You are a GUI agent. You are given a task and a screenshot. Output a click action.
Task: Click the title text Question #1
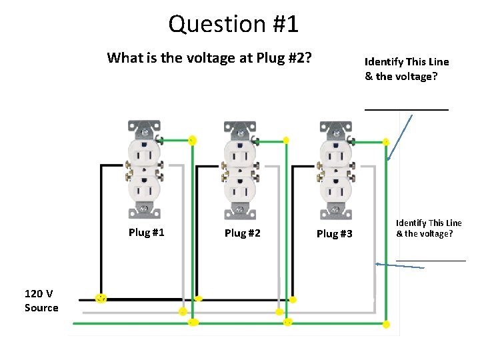(233, 24)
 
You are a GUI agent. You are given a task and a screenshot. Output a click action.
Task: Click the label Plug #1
(146, 233)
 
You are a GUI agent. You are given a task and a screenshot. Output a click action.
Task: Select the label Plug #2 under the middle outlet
(242, 233)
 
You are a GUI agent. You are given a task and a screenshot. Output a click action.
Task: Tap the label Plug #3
(334, 233)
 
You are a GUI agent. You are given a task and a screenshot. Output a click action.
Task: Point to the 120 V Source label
(41, 301)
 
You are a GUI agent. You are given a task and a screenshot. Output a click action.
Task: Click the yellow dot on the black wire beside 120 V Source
(101, 298)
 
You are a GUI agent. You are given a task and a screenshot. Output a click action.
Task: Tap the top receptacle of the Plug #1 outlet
(144, 155)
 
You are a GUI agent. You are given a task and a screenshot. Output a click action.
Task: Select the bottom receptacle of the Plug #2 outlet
(240, 191)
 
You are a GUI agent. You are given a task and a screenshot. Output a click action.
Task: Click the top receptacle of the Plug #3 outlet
(335, 155)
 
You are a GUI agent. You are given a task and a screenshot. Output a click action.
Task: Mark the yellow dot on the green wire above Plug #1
(192, 141)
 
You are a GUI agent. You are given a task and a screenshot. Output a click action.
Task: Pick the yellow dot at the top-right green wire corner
(386, 141)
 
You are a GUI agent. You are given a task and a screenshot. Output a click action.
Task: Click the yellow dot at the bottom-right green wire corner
(387, 324)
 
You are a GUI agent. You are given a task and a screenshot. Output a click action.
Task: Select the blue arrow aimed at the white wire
(400, 265)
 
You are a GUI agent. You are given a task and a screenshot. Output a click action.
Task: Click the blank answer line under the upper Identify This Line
(406, 109)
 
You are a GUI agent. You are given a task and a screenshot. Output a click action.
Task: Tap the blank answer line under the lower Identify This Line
(431, 259)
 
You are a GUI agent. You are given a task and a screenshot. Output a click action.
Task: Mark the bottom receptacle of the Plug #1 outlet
(144, 191)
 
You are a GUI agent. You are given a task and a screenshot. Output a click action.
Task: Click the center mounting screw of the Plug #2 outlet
(240, 173)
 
